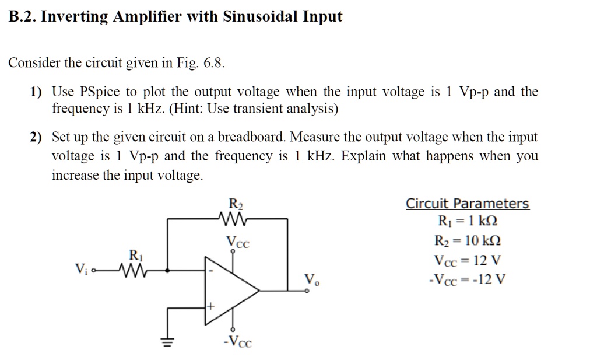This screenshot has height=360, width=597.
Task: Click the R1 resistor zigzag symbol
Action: (x=133, y=270)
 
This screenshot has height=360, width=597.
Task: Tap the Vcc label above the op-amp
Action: (x=237, y=242)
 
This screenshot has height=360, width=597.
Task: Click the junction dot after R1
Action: (x=168, y=270)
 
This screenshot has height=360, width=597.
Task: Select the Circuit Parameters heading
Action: (x=467, y=204)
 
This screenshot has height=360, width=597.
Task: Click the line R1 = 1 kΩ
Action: (x=467, y=222)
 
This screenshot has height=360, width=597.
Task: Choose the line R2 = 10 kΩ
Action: (x=467, y=240)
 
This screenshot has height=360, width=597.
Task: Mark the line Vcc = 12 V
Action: (x=467, y=260)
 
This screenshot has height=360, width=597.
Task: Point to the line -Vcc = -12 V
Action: (x=467, y=278)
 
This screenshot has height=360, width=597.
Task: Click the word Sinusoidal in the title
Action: (x=260, y=16)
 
